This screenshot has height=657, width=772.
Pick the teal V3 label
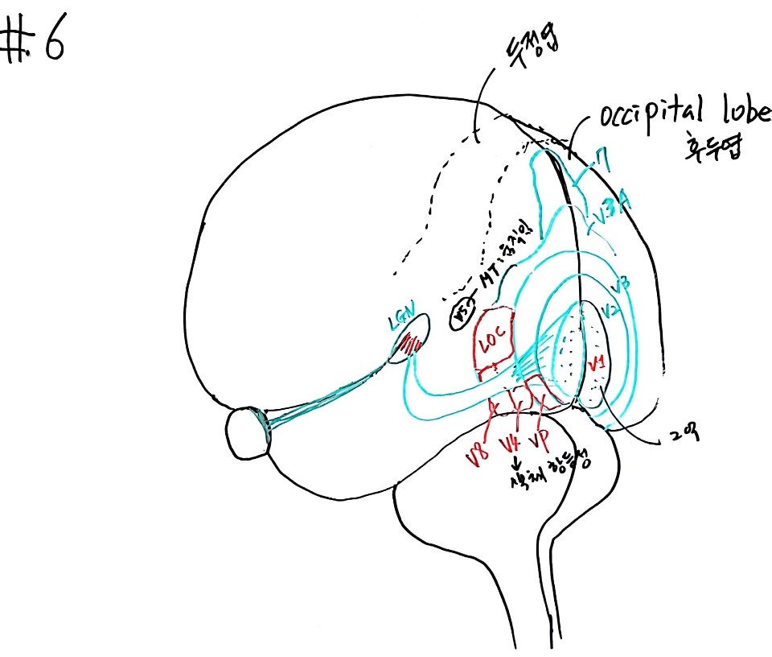point(620,284)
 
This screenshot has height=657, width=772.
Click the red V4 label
point(509,446)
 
